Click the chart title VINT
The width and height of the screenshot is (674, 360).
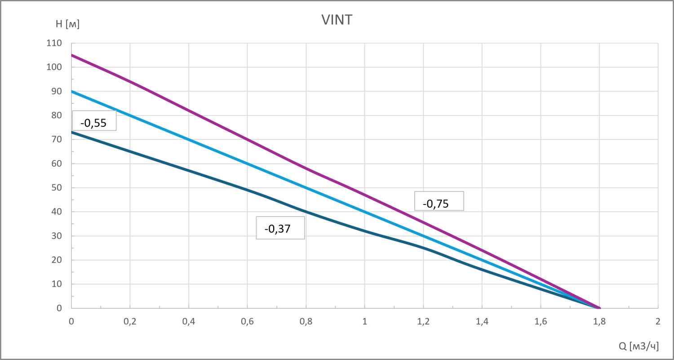337,20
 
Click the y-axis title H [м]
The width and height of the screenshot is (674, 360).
67,24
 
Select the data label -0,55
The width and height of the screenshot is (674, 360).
94,123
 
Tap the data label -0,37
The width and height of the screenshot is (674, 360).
278,229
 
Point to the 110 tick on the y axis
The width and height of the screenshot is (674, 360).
55,44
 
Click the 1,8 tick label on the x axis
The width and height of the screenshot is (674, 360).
599,321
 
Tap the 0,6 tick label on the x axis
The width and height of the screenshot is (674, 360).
247,321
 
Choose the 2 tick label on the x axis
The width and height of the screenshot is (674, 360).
658,321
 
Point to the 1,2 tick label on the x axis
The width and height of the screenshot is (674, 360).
423,321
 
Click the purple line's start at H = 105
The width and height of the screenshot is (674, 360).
72,55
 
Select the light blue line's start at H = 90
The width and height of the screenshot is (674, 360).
72,91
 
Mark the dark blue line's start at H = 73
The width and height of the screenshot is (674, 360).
72,132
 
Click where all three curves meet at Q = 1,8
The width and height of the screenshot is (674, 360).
599,308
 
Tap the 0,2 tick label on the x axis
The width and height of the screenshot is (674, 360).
130,321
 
